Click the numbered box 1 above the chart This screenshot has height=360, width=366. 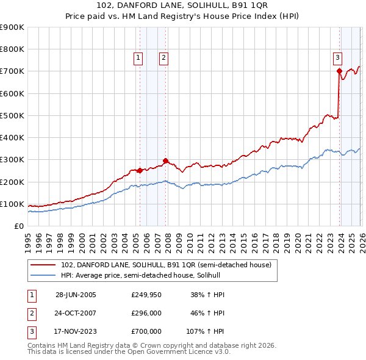pyautogui.click(x=138, y=58)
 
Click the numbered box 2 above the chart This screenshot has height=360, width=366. pyautogui.click(x=164, y=58)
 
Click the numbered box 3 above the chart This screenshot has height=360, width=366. pyautogui.click(x=337, y=58)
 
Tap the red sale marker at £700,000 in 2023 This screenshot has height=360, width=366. pyautogui.click(x=339, y=71)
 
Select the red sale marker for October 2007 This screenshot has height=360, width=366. pyautogui.click(x=166, y=160)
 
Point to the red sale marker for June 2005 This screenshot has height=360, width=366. pyautogui.click(x=140, y=170)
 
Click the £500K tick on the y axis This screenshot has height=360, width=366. pyautogui.click(x=12, y=115)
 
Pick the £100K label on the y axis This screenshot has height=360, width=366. pyautogui.click(x=12, y=204)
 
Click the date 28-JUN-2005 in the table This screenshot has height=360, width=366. pyautogui.click(x=76, y=295)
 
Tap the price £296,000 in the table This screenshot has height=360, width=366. pyautogui.click(x=146, y=313)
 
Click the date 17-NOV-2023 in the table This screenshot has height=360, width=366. pyautogui.click(x=76, y=331)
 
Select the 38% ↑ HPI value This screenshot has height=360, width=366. pyautogui.click(x=207, y=295)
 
